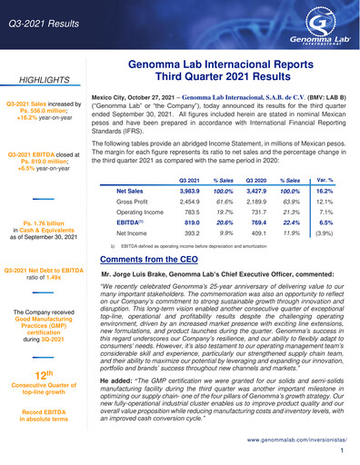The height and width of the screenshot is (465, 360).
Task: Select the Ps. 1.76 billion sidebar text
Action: coord(46,222)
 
